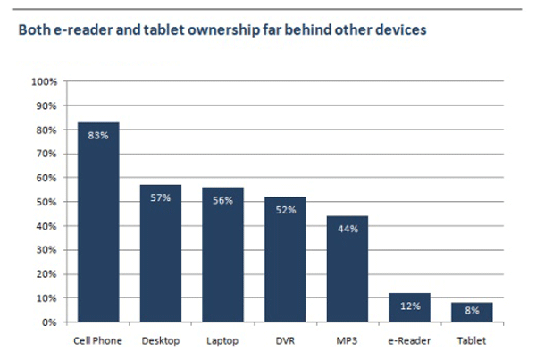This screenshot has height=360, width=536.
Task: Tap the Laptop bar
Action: pos(222,255)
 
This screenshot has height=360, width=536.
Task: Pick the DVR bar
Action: pos(285,259)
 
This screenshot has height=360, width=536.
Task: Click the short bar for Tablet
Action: pos(472,312)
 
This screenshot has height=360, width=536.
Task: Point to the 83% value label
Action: pos(98,136)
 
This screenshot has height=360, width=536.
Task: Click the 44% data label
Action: pos(348,229)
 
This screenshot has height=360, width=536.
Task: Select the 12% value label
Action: pos(410,306)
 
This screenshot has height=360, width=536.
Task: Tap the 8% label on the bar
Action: pos(472,311)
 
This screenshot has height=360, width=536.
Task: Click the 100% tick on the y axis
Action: pos(45,82)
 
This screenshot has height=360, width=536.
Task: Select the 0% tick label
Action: pos(50,322)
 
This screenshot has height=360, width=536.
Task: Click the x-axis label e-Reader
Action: pos(410,340)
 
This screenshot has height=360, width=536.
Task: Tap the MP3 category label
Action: pos(348,340)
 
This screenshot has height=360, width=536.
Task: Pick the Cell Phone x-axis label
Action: pos(98,340)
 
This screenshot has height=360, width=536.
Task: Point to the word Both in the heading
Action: pos(32,29)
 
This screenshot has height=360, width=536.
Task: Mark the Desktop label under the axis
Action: pos(161,340)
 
